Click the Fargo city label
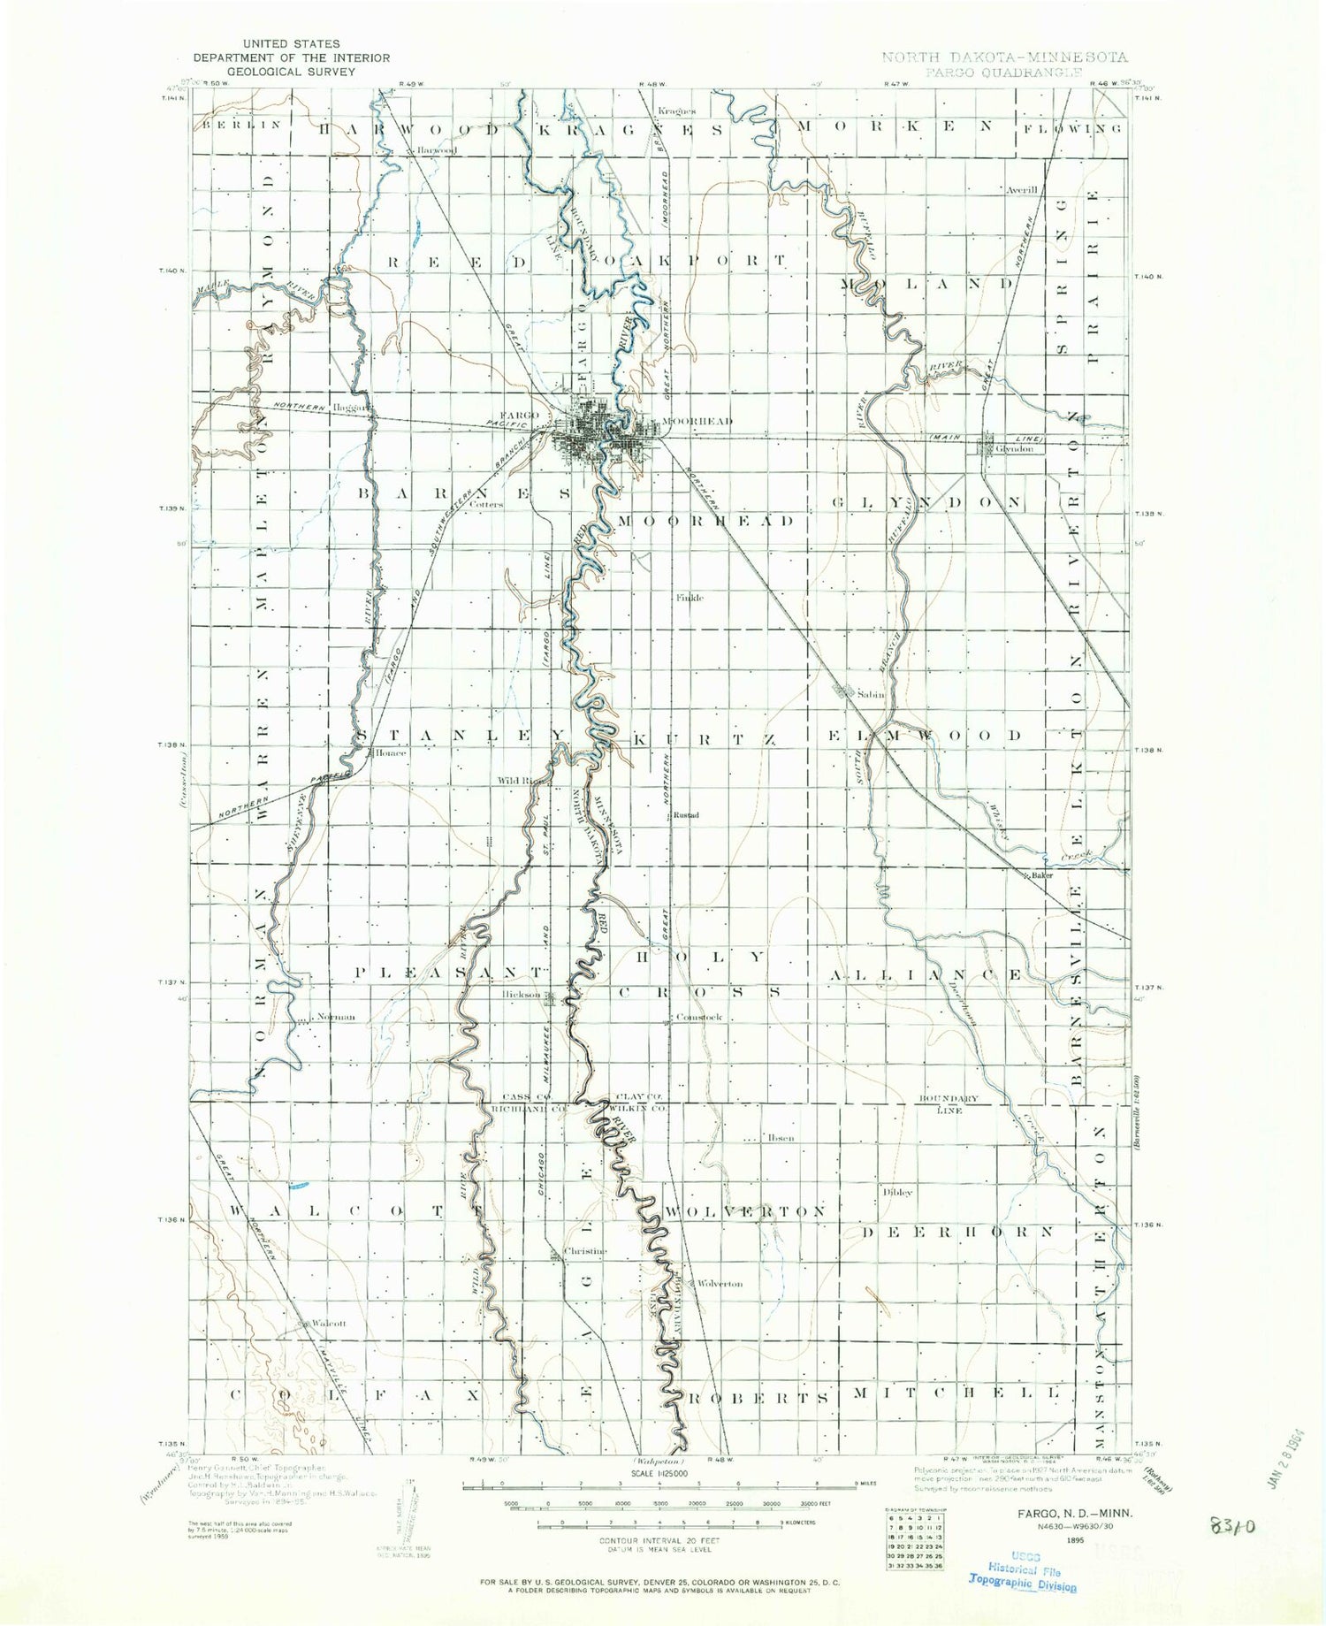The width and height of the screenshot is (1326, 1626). [519, 415]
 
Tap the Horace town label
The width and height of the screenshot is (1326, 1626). [390, 753]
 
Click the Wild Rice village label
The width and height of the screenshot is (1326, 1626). [518, 782]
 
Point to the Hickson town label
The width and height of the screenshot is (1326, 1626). [521, 996]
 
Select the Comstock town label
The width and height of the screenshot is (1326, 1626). [698, 1017]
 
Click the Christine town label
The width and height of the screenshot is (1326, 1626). [586, 1251]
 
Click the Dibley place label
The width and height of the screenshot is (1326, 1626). [897, 1192]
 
